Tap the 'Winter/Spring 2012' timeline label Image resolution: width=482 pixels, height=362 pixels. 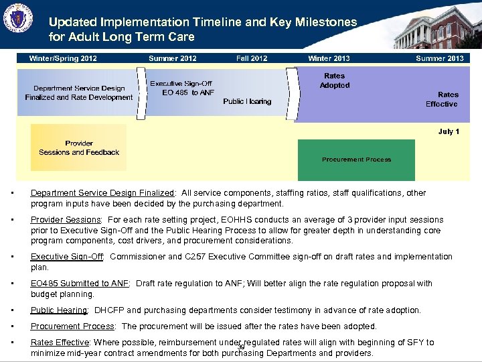(63, 58)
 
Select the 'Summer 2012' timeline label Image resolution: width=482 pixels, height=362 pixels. (173, 58)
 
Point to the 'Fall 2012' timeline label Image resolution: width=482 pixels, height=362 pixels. (252, 58)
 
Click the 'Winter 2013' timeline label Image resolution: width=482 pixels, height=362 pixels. (329, 58)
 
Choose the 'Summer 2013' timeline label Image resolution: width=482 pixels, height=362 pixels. (440, 58)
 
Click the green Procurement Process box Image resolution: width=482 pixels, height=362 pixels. (356, 160)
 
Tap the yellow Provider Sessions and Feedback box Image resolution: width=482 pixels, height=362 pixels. (78, 147)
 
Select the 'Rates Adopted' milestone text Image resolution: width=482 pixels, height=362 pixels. (335, 80)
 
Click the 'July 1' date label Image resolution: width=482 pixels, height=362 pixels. (449, 131)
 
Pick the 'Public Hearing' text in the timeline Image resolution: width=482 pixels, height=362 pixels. (247, 101)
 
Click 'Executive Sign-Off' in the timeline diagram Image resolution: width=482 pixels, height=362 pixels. (181, 84)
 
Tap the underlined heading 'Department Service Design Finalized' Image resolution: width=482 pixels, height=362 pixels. (102, 193)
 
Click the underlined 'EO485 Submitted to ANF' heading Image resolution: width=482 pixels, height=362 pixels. (80, 284)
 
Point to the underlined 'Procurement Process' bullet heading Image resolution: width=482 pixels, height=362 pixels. (73, 326)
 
